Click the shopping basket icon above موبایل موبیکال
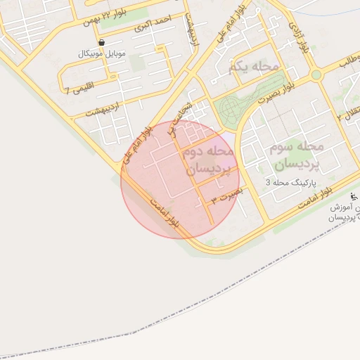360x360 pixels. click(x=103, y=42)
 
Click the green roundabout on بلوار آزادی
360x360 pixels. click(x=316, y=75)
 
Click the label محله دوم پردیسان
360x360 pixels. click(x=210, y=160)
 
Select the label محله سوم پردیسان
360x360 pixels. click(x=295, y=155)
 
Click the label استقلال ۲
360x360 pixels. click(x=349, y=112)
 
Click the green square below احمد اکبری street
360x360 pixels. click(x=138, y=63)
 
